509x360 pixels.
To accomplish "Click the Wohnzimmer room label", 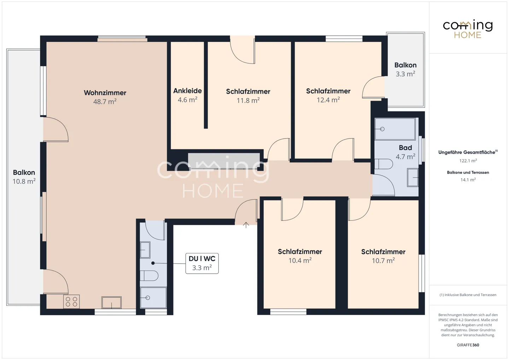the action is [x=105, y=93].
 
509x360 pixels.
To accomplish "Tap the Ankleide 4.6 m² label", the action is [x=187, y=95].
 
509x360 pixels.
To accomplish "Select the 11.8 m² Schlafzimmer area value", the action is [x=248, y=100].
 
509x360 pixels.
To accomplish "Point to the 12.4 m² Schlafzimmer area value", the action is [x=328, y=100].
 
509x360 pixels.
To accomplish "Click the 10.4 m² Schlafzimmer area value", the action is [x=300, y=260].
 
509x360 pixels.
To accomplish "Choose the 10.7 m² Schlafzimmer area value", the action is [x=383, y=260].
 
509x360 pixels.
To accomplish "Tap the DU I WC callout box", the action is [x=202, y=264].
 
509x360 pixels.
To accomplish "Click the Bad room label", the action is [x=405, y=148].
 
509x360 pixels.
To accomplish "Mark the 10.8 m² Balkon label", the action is [x=24, y=177].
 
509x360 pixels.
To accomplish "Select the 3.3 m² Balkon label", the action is [x=405, y=69].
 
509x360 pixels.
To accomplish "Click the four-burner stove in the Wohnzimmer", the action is [x=71, y=302].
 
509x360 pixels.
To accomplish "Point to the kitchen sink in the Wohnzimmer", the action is [x=111, y=302].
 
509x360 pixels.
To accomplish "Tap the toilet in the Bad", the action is [x=384, y=164].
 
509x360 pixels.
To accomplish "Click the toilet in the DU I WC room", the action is [x=149, y=276].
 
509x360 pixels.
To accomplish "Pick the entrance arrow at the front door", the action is [x=246, y=225].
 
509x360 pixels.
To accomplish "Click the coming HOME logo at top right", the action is [x=468, y=29].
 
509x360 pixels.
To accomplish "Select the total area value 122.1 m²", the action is [x=468, y=161].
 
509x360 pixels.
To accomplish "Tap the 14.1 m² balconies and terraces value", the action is [x=468, y=180].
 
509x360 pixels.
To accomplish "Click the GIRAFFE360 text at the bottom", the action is [x=468, y=345].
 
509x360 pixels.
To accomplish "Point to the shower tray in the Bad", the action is [x=395, y=129].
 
